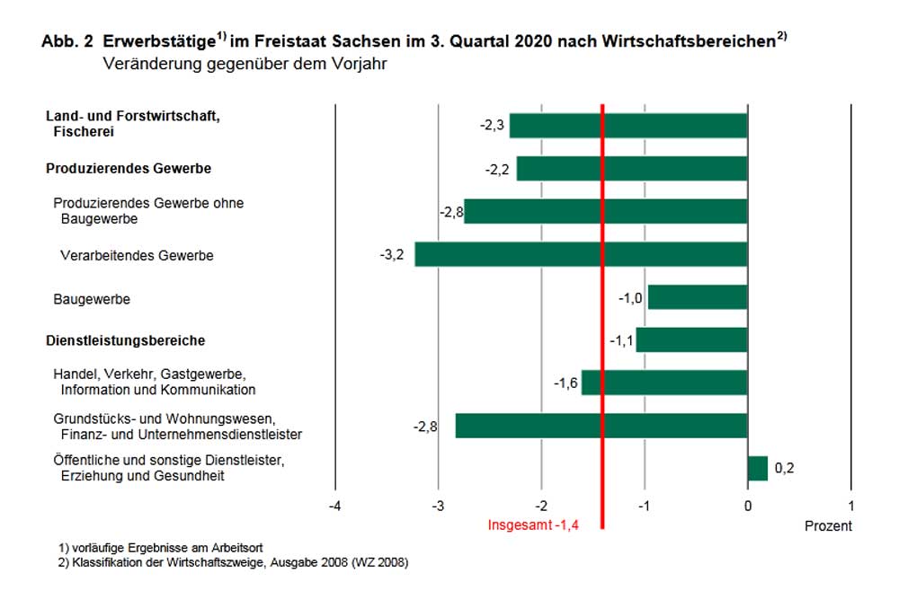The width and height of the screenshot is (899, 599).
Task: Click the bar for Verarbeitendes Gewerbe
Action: click(x=580, y=255)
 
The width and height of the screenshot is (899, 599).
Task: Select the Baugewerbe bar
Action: click(x=697, y=297)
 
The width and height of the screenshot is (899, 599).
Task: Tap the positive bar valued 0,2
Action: click(x=757, y=468)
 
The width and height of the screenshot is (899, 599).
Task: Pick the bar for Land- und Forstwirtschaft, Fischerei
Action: click(x=628, y=126)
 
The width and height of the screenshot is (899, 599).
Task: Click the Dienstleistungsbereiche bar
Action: click(x=691, y=340)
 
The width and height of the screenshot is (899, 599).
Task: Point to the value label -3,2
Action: click(x=392, y=255)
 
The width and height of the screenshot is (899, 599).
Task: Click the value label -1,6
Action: click(x=565, y=383)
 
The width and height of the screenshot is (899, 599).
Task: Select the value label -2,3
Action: click(x=493, y=126)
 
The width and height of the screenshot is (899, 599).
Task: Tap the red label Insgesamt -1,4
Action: click(x=530, y=526)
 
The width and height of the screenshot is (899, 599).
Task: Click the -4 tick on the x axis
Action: click(x=334, y=506)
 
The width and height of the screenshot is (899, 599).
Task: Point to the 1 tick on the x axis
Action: click(x=850, y=506)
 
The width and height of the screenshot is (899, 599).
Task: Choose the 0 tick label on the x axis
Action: click(x=747, y=506)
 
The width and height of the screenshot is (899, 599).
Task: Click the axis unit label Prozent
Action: click(x=827, y=526)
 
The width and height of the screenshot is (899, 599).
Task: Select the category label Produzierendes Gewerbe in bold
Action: click(x=129, y=169)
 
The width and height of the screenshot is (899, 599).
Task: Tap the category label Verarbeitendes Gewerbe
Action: click(x=137, y=256)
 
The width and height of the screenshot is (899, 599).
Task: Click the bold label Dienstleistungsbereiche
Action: click(x=125, y=341)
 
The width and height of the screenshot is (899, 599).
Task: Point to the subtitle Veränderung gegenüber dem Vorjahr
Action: click(x=245, y=65)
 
